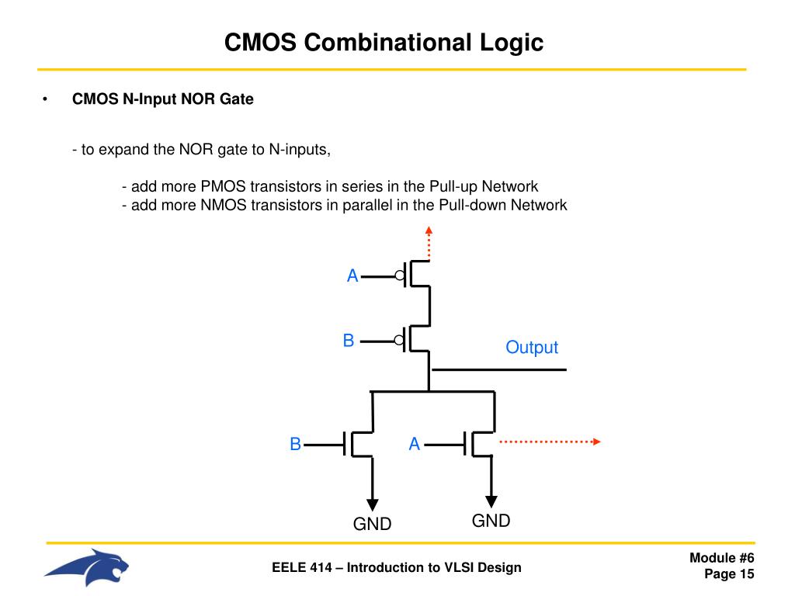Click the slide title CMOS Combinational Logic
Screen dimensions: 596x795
click(x=384, y=42)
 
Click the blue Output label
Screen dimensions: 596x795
click(x=531, y=347)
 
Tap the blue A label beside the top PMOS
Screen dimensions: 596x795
click(x=352, y=275)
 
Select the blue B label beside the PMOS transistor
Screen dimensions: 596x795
click(x=349, y=340)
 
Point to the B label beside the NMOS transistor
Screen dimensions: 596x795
click(x=295, y=444)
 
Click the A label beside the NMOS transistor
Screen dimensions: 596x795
click(x=415, y=444)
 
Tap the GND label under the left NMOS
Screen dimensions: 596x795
click(x=372, y=525)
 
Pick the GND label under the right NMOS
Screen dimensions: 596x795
click(x=491, y=521)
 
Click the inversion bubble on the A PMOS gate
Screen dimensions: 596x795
click(x=400, y=275)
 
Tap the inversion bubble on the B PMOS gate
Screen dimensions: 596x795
click(x=400, y=340)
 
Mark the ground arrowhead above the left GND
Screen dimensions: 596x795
click(x=373, y=501)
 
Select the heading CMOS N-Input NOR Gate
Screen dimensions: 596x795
click(x=163, y=99)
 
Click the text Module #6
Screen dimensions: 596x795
click(x=722, y=558)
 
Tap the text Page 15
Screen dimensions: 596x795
click(x=729, y=574)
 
